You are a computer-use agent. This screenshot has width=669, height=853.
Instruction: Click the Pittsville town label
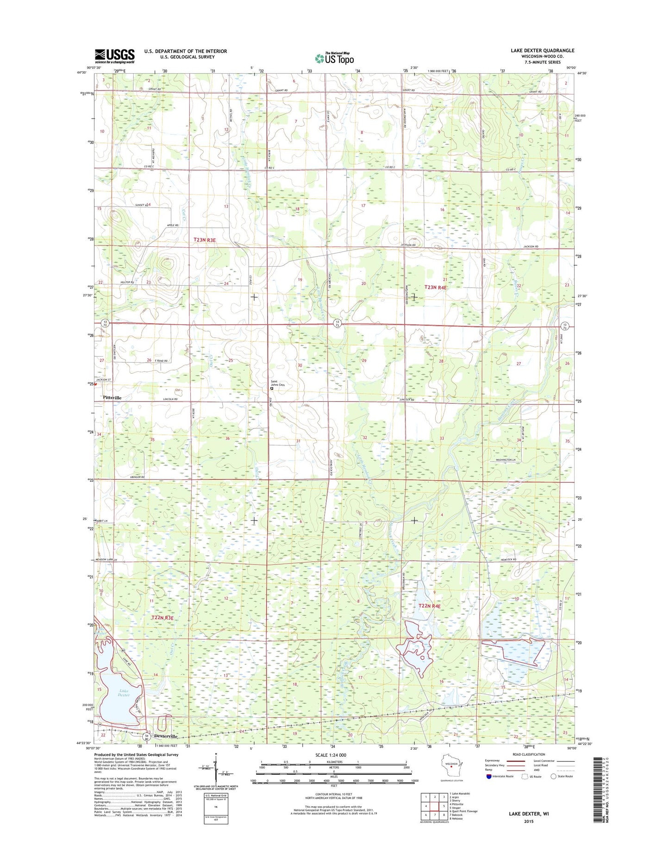click(112, 397)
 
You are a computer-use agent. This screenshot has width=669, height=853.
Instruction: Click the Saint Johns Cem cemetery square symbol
click(272, 389)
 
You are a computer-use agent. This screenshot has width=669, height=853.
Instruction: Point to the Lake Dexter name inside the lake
click(124, 693)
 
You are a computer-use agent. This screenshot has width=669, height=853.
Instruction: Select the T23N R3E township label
click(205, 240)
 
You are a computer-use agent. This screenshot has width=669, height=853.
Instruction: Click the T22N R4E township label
click(430, 606)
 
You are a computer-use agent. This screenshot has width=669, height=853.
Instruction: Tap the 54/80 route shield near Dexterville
click(146, 736)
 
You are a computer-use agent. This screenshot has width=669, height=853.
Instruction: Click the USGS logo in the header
click(114, 56)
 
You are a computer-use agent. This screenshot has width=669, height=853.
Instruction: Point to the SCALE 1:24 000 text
click(331, 755)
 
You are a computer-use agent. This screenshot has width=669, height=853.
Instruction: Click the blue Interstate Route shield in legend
click(489, 776)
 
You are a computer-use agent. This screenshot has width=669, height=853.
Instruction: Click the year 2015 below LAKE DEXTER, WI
click(529, 821)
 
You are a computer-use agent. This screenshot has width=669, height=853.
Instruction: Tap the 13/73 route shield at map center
click(338, 323)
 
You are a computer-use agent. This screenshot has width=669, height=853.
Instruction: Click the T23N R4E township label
click(436, 287)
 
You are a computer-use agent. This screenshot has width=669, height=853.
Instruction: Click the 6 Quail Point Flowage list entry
click(464, 811)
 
